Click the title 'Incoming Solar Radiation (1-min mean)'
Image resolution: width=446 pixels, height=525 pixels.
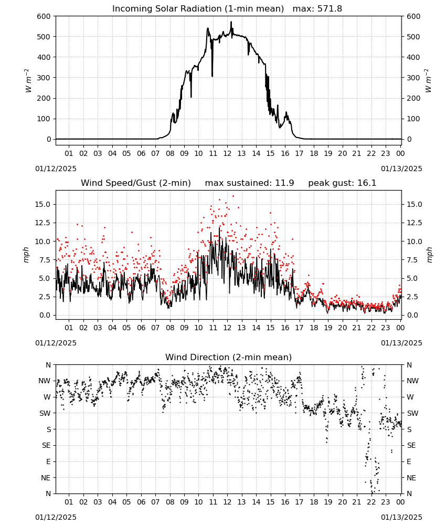point(198,9)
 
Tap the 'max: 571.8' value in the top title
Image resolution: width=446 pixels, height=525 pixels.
point(317,9)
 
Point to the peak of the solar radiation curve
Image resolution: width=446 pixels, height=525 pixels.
point(231,22)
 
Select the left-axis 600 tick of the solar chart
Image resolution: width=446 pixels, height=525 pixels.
point(44,16)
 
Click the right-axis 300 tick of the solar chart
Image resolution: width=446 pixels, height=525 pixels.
point(413,78)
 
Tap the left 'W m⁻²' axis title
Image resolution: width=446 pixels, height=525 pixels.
point(28,81)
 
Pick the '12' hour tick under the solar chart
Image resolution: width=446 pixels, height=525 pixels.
point(227,154)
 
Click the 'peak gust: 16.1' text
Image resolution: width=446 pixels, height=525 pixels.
point(342,183)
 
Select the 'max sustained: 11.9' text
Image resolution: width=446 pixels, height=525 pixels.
point(250,183)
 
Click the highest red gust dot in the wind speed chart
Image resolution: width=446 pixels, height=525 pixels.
point(233,196)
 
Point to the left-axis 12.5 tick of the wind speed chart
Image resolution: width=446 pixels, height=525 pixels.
point(43,223)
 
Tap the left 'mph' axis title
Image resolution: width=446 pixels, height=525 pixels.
point(26,255)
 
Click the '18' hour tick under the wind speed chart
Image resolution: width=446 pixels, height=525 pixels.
point(314,328)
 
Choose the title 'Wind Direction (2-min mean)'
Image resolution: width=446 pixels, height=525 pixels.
point(229,357)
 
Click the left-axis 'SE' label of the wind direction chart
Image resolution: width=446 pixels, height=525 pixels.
point(46,446)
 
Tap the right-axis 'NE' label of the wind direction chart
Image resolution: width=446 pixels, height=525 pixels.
point(411,478)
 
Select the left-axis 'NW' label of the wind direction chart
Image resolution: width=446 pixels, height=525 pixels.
point(45,381)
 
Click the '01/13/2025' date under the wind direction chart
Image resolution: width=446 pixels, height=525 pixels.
point(401,517)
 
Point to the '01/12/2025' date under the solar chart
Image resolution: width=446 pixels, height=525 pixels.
point(56,169)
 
